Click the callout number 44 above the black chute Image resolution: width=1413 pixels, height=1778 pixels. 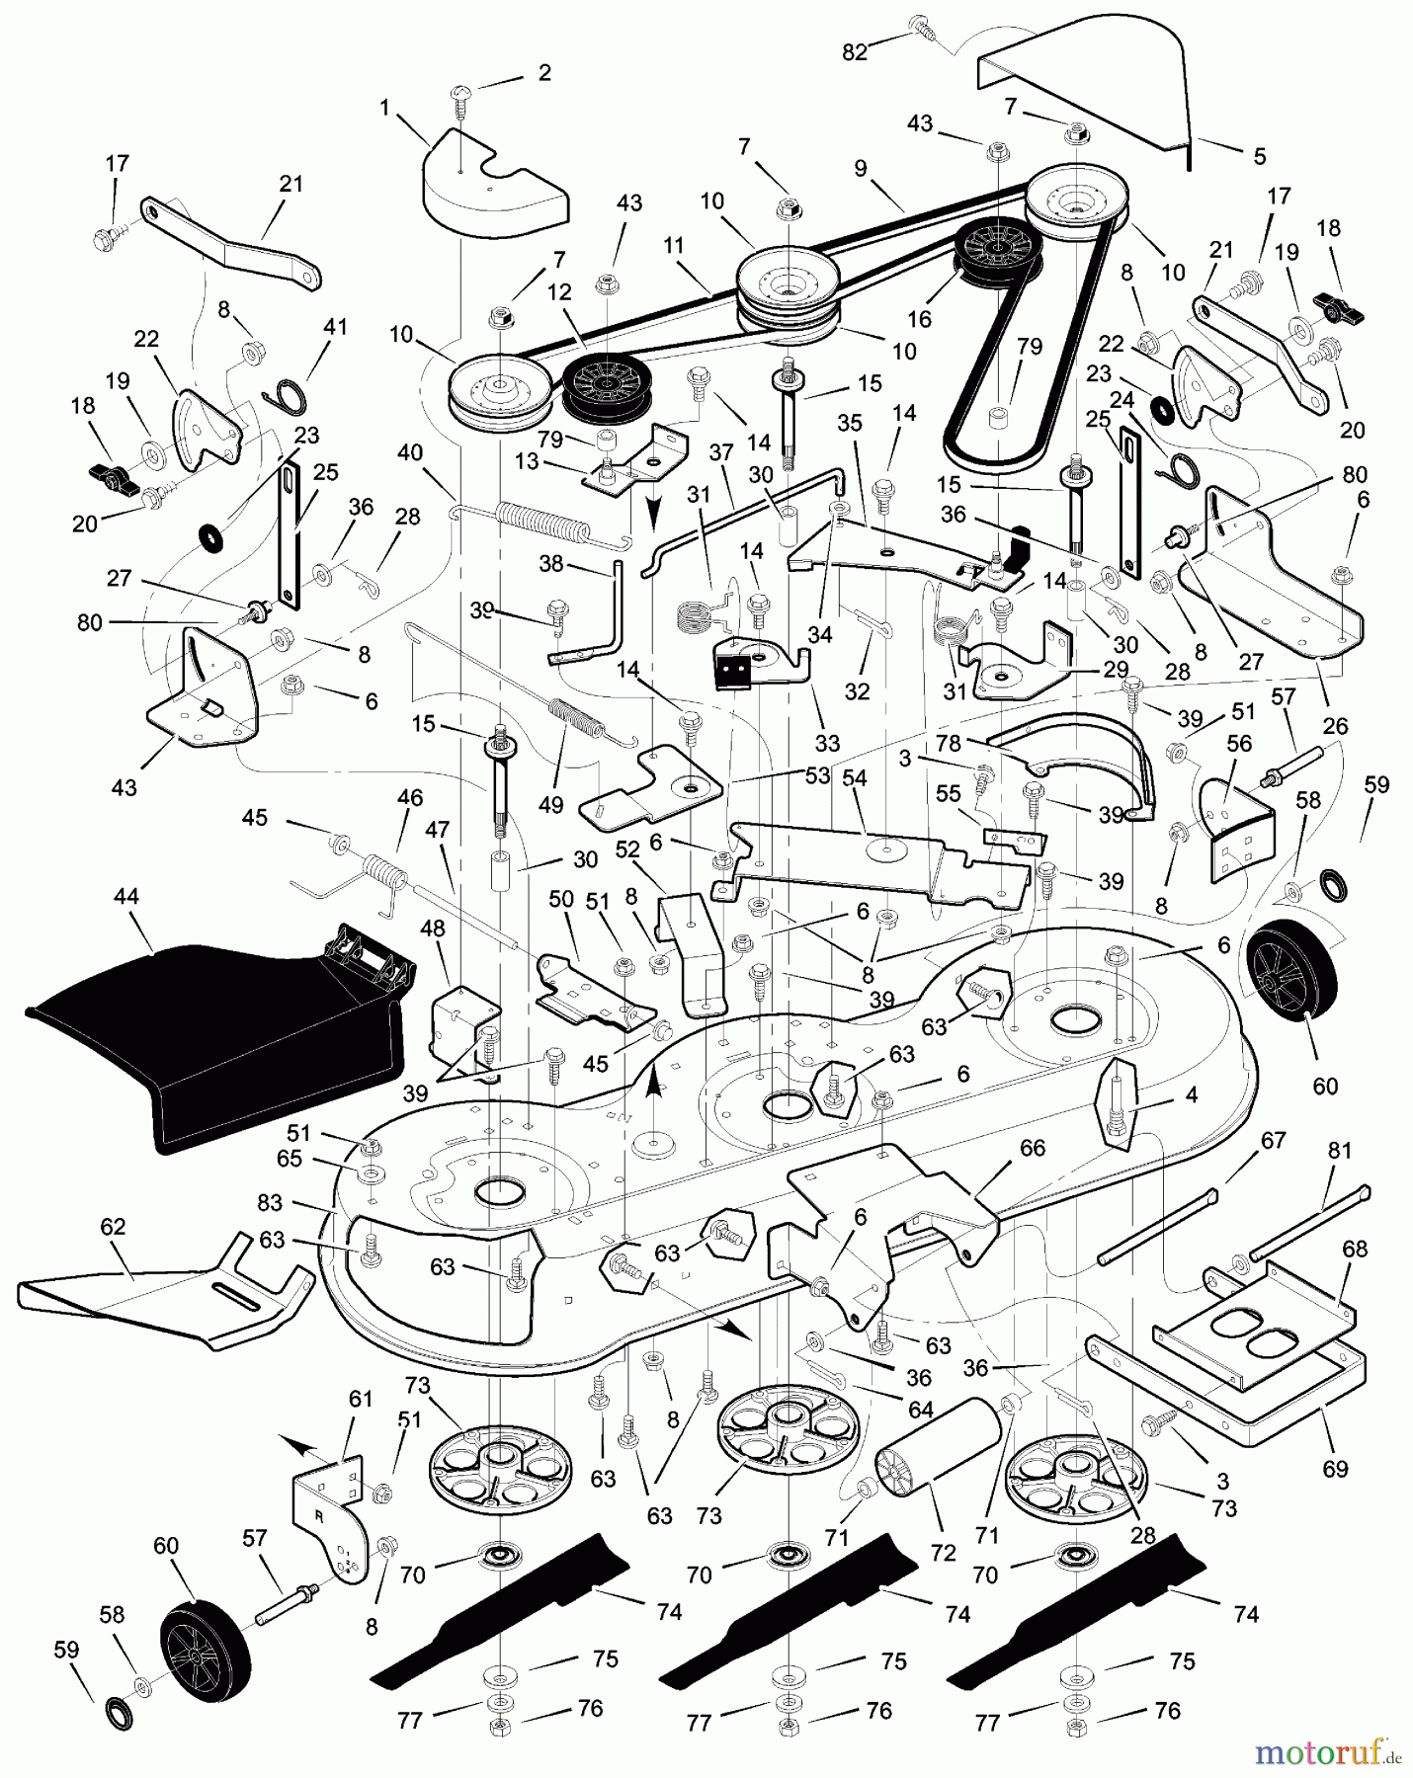point(126,897)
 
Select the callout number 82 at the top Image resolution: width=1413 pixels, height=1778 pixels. point(855,53)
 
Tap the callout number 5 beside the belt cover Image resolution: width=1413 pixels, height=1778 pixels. point(1259,156)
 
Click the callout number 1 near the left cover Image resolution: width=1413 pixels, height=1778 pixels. point(385,107)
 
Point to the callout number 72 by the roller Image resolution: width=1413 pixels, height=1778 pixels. point(943,1552)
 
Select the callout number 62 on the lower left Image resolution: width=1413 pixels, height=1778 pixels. point(113,1227)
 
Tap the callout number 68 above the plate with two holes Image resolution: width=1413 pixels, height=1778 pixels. point(1355,1249)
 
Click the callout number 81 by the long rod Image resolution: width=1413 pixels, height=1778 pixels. point(1340,1151)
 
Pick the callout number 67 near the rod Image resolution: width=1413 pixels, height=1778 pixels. point(1274,1141)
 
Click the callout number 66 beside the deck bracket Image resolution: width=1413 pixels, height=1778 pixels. point(1032,1148)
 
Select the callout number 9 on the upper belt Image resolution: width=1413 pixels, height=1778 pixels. point(861,169)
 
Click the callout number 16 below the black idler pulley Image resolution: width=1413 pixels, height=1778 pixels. point(919,319)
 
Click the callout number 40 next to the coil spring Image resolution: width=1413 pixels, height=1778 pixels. point(410,453)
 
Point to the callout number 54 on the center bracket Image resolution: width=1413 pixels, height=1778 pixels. point(854,778)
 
